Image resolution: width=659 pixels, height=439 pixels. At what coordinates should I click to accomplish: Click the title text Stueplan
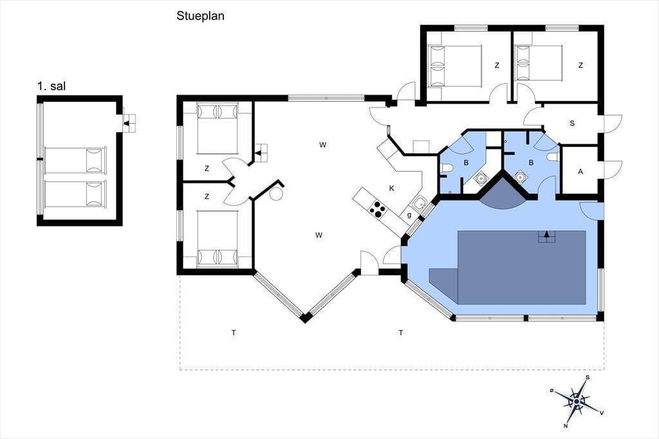pos(200,16)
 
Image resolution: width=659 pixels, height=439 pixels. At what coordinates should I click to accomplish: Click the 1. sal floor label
pos(51,87)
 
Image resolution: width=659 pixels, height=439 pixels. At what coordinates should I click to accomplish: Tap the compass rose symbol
pos(576,401)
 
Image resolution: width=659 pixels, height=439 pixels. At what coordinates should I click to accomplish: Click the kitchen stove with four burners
pos(378,209)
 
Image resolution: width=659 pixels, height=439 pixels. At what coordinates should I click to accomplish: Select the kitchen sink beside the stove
pos(418,204)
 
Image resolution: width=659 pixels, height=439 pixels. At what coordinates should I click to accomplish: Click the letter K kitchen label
pos(392,189)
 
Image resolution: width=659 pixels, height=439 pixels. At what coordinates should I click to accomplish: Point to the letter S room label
pos(572,124)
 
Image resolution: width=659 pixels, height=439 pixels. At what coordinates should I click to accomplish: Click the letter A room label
pos(580,172)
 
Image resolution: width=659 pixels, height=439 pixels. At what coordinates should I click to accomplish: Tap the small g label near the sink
pos(409,215)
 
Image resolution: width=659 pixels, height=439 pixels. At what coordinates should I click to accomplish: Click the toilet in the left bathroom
pos(447,169)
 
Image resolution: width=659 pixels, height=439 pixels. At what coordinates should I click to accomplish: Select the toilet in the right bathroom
pos(553,157)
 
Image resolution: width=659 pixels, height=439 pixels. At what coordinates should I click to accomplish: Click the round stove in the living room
pos(276,194)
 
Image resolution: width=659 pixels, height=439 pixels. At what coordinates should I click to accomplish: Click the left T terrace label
pos(234,333)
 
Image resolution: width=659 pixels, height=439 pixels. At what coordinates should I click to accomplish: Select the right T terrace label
pos(401,333)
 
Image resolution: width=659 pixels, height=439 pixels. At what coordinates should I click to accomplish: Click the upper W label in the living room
pos(322,145)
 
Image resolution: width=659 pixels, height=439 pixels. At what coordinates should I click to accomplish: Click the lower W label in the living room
pos(319,235)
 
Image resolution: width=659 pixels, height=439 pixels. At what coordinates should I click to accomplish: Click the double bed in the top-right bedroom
pos(539,62)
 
